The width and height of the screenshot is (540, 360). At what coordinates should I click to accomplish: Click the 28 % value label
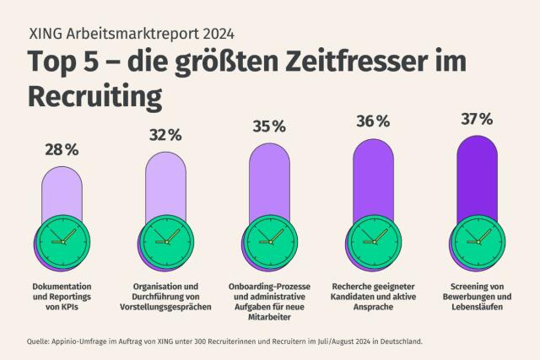point(62,149)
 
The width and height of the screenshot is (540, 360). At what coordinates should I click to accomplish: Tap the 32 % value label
point(165,135)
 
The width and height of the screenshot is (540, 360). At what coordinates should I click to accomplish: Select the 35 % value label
point(269,126)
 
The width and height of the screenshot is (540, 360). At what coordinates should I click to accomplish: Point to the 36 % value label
point(372,121)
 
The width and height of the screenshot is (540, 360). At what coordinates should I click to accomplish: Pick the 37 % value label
point(477,119)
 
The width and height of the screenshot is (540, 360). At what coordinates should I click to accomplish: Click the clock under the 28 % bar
point(62,237)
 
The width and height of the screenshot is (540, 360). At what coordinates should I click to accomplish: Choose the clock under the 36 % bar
point(374,237)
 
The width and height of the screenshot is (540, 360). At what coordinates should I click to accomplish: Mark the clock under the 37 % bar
point(478,237)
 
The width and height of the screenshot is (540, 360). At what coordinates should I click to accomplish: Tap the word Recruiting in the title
point(94,96)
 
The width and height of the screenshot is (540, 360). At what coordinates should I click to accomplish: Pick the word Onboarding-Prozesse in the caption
point(269,286)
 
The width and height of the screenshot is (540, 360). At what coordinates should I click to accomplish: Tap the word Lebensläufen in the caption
point(477,309)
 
